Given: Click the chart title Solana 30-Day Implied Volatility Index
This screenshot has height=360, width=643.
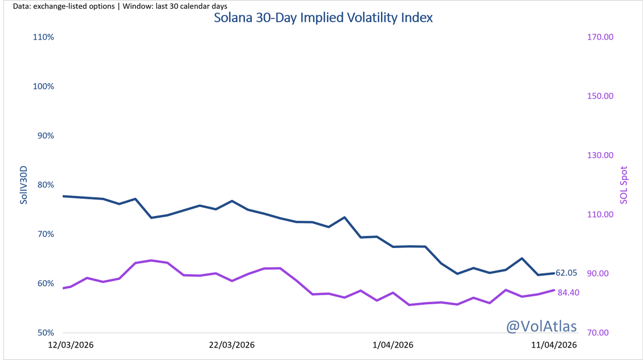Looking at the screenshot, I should click(323, 18).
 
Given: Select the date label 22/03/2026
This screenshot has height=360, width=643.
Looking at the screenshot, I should click(231, 346).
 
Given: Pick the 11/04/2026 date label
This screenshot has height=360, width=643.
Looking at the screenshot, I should click(554, 346).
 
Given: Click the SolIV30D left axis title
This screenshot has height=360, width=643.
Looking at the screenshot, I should click(24, 185).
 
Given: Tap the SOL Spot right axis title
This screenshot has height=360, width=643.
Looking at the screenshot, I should click(624, 185).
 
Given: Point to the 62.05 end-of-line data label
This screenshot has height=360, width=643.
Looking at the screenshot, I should click(566, 273).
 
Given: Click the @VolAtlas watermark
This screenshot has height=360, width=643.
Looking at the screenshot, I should click(542, 325).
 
